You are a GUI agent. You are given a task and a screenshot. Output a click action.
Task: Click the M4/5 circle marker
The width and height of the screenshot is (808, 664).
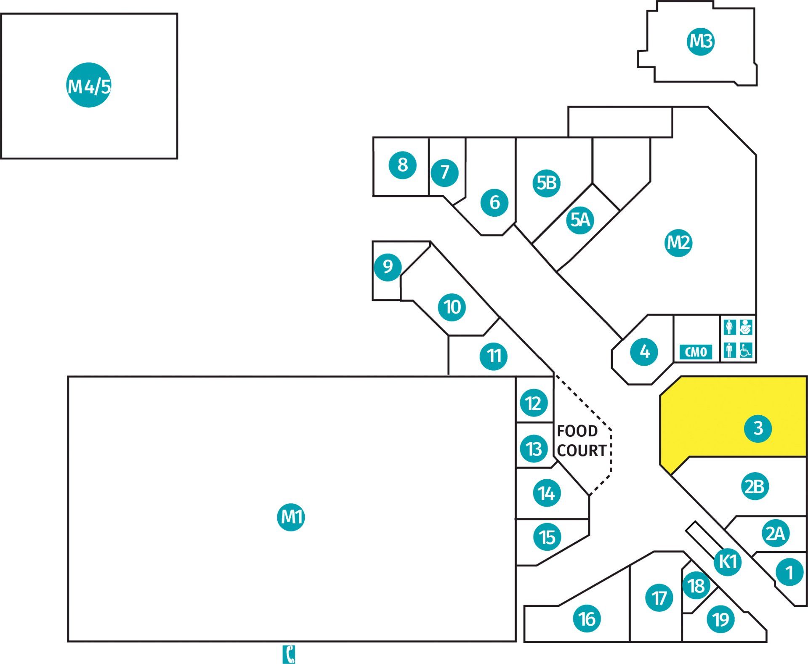coord(89,85)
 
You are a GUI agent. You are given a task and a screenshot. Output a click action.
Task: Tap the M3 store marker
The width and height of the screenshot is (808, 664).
coord(701,41)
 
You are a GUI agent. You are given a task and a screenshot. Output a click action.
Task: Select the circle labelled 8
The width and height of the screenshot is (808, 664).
coord(403,165)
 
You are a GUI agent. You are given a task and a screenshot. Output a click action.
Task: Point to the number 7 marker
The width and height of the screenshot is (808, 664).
coord(445,173)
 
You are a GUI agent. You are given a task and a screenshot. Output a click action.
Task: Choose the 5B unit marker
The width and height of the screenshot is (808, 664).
coord(547,183)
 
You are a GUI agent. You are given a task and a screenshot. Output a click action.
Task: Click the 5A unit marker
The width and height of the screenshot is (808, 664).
coord(580,220)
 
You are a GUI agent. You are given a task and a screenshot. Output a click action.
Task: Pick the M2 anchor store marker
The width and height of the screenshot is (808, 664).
coord(679,243)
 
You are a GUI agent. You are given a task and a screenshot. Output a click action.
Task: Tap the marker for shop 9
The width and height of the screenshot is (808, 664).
coord(388,267)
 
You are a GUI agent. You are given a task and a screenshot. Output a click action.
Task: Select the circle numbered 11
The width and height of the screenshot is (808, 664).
coord(494,356)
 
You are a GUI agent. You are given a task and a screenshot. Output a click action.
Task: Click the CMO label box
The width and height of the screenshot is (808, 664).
coord(696,352)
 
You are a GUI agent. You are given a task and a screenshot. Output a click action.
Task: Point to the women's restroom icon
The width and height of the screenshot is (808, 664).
coord(730,327)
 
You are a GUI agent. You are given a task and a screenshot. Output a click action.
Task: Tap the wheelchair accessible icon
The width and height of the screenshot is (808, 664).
coord(746,350)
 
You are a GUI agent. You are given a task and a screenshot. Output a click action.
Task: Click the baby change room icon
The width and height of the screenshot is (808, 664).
coord(746,327)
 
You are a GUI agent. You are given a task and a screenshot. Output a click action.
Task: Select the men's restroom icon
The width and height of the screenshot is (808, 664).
coord(730,350)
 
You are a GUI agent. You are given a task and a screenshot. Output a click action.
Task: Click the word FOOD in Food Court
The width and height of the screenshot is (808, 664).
coord(577,431)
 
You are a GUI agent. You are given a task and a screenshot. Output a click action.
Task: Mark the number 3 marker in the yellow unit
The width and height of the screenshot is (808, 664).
coord(758,429)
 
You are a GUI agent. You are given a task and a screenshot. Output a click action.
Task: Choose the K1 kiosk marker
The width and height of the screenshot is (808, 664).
coord(728,561)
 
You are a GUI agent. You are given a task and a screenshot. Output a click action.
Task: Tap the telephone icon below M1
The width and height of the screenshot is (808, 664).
coord(289,654)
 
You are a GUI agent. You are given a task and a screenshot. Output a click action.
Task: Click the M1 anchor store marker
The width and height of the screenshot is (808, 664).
coord(291,517)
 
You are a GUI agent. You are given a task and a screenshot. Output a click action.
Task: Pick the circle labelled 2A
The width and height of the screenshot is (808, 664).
coord(775,534)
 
